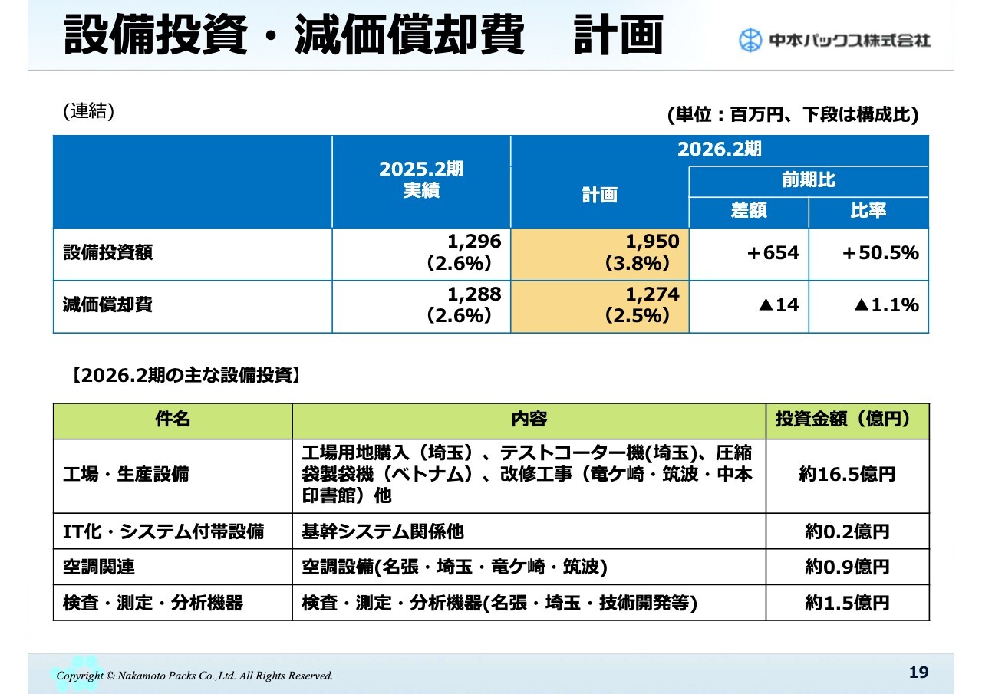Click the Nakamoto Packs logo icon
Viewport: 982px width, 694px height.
click(x=750, y=40)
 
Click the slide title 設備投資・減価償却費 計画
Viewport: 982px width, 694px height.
click(x=363, y=35)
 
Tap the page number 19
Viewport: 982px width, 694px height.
click(x=918, y=673)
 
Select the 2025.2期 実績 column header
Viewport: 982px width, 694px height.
click(x=421, y=181)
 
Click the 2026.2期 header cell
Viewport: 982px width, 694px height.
click(x=719, y=150)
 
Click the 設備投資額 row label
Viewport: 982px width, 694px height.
click(x=108, y=253)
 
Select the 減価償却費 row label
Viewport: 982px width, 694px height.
click(x=108, y=305)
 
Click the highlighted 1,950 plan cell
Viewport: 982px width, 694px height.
click(x=599, y=253)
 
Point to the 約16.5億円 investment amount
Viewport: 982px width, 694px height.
click(x=847, y=475)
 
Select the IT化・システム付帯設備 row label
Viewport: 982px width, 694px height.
click(x=163, y=531)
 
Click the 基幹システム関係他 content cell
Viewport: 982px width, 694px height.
click(x=383, y=531)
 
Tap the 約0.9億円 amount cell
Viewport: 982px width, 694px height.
click(x=847, y=567)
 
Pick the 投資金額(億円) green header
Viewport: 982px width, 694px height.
click(x=847, y=419)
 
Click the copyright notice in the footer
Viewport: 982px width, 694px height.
click(x=196, y=676)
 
